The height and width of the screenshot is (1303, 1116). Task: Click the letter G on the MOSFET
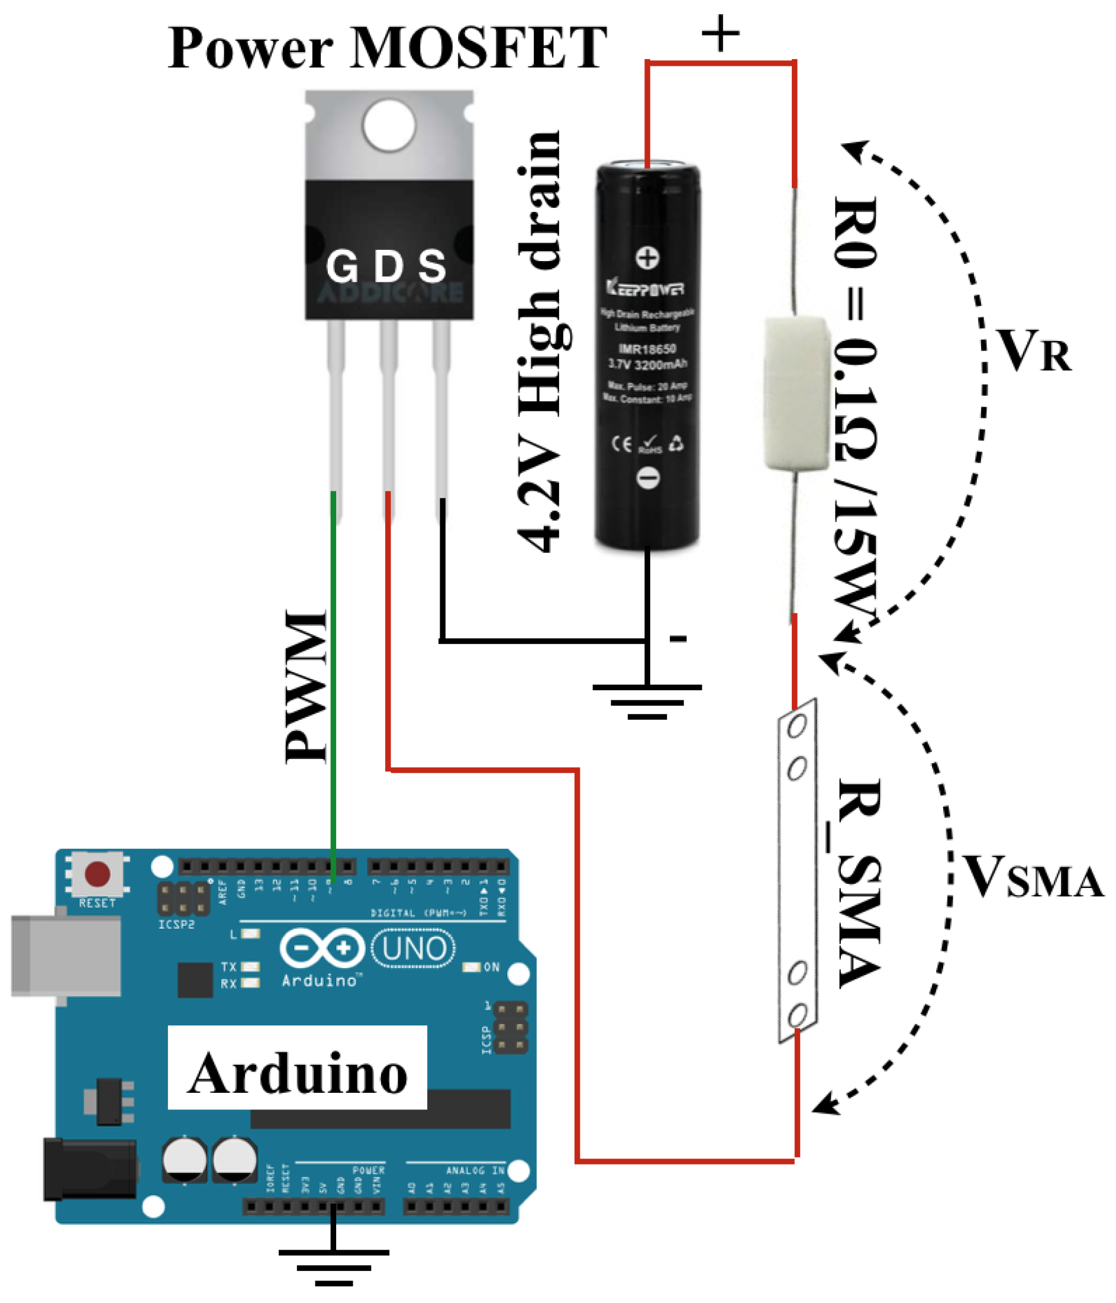[342, 266]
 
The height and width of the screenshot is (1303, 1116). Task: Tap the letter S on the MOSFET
[433, 266]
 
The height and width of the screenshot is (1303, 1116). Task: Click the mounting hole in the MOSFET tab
[389, 124]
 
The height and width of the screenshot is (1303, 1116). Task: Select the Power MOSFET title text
[386, 49]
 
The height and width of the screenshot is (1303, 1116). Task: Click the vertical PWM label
[305, 687]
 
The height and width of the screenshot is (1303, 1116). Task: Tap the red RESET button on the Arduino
[98, 873]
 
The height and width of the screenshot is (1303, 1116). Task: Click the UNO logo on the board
[413, 948]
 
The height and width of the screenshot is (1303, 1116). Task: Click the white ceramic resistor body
[795, 393]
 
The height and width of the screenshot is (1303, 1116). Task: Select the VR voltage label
[1033, 351]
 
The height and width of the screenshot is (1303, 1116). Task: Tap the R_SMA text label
[858, 883]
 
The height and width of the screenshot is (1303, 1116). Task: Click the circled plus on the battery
[647, 257]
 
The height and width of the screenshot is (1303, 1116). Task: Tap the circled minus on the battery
[648, 478]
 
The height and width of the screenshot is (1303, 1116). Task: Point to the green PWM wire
[333, 691]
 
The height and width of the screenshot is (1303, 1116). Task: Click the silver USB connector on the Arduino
[66, 956]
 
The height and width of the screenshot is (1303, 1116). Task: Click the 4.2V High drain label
[540, 343]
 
